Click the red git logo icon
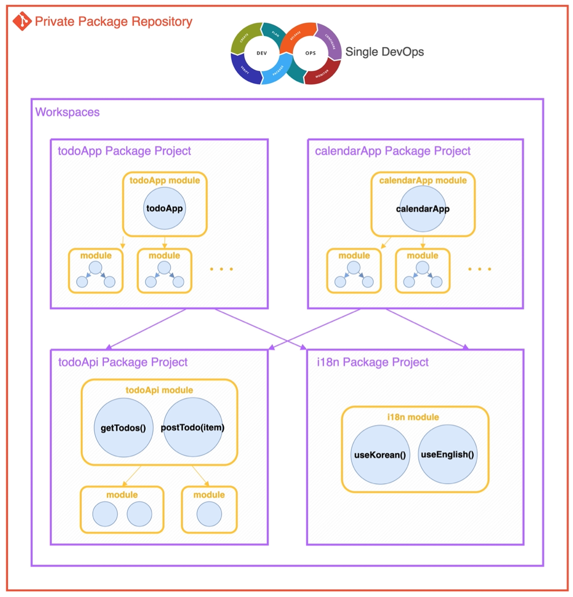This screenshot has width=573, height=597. click(x=22, y=21)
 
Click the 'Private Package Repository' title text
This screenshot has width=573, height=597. click(x=113, y=21)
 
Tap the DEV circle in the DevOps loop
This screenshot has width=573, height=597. click(x=262, y=53)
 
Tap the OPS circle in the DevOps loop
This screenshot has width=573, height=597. click(x=310, y=53)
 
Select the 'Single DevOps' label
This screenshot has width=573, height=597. click(x=384, y=52)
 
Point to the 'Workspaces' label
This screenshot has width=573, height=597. click(x=67, y=112)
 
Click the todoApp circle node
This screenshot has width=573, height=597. click(x=165, y=208)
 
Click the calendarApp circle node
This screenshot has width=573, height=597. click(x=423, y=208)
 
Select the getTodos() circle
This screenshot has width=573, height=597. click(x=123, y=428)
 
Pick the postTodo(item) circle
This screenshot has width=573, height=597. click(x=192, y=427)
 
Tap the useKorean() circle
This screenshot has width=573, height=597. click(x=380, y=454)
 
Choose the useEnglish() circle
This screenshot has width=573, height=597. click(x=447, y=454)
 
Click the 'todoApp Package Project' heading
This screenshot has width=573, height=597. click(x=124, y=151)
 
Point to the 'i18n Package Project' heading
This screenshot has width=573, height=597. click(x=373, y=362)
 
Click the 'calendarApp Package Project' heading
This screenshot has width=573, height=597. click(x=392, y=151)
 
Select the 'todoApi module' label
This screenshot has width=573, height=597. click(x=159, y=390)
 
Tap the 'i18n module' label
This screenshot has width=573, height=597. click(x=413, y=417)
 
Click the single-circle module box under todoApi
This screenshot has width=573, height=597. click(x=209, y=510)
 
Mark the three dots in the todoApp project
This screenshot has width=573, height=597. click(x=221, y=269)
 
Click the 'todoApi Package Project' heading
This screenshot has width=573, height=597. click(x=122, y=362)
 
